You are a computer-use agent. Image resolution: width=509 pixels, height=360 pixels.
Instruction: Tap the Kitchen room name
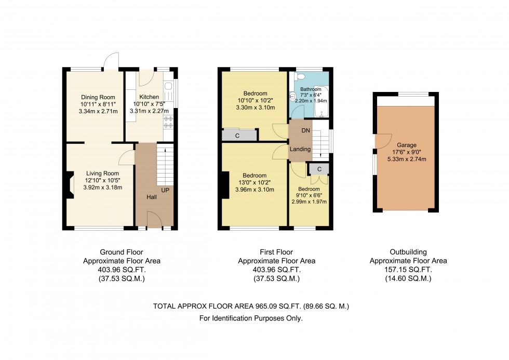(x=149, y=97)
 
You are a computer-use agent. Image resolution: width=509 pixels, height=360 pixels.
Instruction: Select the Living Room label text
(x=102, y=174)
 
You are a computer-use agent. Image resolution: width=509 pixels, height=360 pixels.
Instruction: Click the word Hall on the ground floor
(x=151, y=197)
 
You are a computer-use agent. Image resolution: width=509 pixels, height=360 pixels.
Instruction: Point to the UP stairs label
(x=165, y=190)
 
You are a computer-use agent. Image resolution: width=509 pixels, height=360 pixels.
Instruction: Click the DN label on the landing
(x=306, y=130)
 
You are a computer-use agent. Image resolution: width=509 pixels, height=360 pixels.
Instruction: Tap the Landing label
(x=300, y=150)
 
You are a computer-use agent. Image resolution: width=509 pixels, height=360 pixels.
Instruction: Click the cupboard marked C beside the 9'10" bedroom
(x=319, y=169)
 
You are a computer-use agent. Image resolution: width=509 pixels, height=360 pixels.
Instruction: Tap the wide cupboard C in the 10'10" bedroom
(x=237, y=136)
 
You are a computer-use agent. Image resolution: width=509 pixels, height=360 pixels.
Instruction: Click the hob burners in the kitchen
(x=169, y=122)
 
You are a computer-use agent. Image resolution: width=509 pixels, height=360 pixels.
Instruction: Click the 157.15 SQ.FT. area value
(x=408, y=270)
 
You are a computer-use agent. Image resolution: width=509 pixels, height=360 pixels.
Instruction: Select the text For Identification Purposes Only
(x=251, y=318)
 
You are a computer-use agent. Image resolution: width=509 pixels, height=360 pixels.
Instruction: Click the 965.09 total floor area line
(x=251, y=306)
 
